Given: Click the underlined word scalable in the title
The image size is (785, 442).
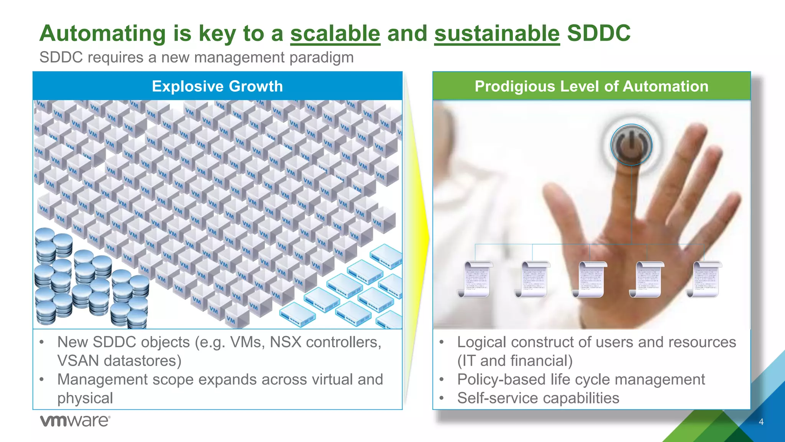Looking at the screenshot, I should tap(335, 33).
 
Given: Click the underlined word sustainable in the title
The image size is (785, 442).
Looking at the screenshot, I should tap(497, 33).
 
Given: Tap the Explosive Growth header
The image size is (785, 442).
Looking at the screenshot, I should tap(217, 86).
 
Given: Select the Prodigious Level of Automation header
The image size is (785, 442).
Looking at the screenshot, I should tap(591, 86).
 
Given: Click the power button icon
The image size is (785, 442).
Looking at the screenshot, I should tap(631, 145).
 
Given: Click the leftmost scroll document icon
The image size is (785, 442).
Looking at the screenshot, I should tap(475, 279).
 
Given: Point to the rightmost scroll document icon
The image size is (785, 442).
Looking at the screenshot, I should tap(704, 279).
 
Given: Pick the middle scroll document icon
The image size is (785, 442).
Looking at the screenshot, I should tap(590, 279).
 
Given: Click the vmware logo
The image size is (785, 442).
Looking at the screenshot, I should tap(75, 421).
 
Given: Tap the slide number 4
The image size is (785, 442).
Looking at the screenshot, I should tap(761, 422).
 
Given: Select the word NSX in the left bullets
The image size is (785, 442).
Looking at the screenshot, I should tap(286, 342).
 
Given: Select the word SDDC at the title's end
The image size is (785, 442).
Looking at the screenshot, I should tap(599, 33).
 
